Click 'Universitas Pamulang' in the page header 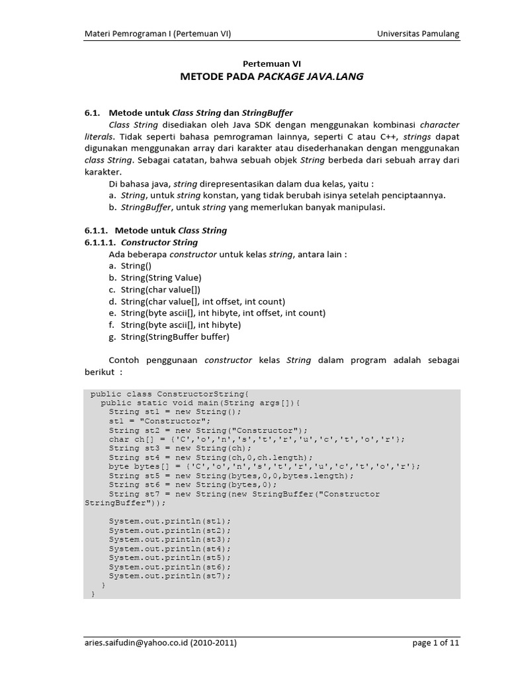(418, 34)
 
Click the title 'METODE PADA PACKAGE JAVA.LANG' (272, 77)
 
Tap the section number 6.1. (92, 113)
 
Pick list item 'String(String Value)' (161, 278)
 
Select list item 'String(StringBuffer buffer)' (175, 337)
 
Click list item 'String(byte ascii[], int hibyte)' (181, 325)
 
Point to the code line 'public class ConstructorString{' (169, 393)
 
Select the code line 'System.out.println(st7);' (170, 576)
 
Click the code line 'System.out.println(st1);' (170, 521)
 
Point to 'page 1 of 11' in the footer (435, 642)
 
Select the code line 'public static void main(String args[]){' (200, 402)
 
